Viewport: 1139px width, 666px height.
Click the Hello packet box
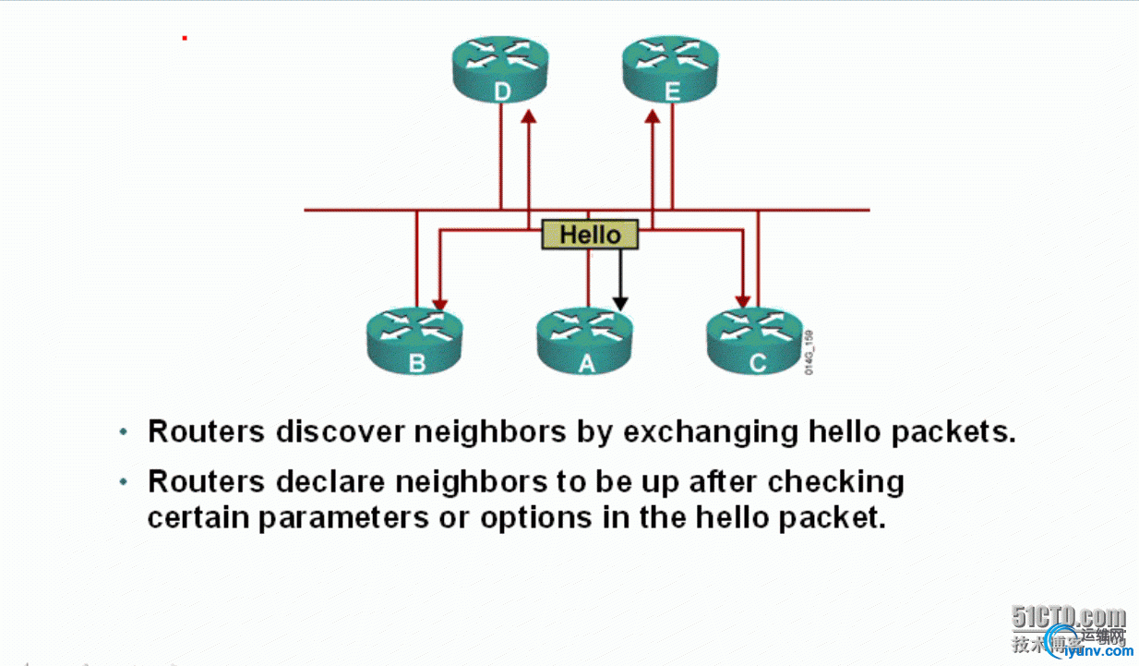[590, 235]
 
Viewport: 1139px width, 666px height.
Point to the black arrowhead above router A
[620, 303]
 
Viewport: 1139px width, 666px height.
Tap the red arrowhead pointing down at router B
[440, 303]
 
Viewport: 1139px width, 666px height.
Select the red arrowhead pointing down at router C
[741, 301]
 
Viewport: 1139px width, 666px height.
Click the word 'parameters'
[342, 517]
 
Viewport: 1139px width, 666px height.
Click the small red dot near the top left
[185, 38]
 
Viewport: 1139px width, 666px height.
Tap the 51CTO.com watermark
[1068, 617]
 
